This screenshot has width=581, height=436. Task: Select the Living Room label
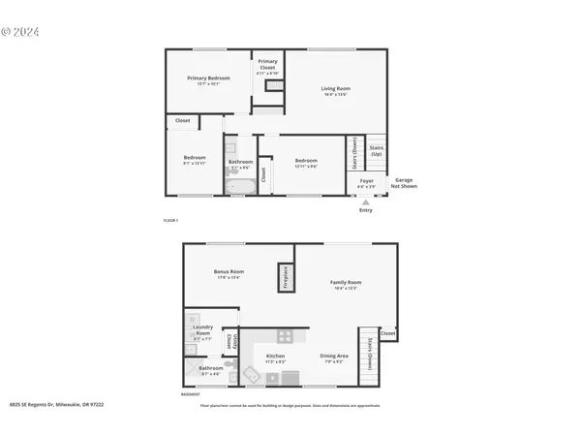336,89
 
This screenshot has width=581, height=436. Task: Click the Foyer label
367,180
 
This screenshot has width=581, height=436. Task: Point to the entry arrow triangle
365,202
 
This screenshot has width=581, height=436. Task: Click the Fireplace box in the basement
286,276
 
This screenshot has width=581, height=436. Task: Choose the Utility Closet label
229,341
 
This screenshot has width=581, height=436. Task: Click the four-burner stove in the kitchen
285,336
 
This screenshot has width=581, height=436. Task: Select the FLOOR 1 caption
170,223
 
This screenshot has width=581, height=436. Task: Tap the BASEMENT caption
192,394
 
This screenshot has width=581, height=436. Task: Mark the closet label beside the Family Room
387,333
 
